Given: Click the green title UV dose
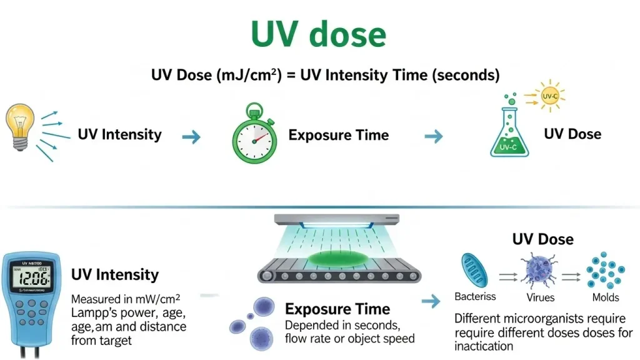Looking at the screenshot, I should [319, 34].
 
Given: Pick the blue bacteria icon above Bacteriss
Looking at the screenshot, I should [472, 269].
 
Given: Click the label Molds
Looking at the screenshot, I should [605, 297].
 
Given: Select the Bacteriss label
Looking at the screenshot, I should [475, 297].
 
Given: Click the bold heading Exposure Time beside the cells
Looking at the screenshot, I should [337, 309].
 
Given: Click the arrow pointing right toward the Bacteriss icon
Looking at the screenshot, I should [431, 302].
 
